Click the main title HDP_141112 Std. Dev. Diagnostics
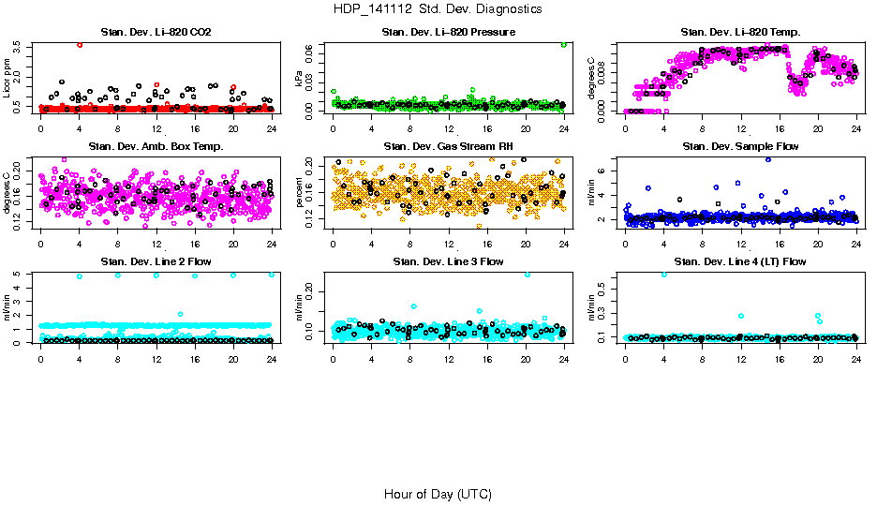tap(437, 8)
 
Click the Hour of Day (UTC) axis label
tap(437, 494)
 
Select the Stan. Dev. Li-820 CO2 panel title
tap(156, 33)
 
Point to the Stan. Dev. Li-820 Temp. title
tap(740, 33)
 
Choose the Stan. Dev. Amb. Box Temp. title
tap(156, 147)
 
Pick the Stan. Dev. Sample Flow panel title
tap(740, 147)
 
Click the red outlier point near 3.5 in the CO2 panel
tap(80, 45)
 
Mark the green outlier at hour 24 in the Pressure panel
tap(563, 45)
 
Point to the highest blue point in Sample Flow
tap(768, 159)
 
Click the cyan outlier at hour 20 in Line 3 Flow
tap(527, 275)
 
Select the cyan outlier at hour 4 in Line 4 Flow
tap(663, 274)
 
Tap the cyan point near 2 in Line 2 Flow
tap(180, 314)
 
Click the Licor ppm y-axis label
tap(8, 78)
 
